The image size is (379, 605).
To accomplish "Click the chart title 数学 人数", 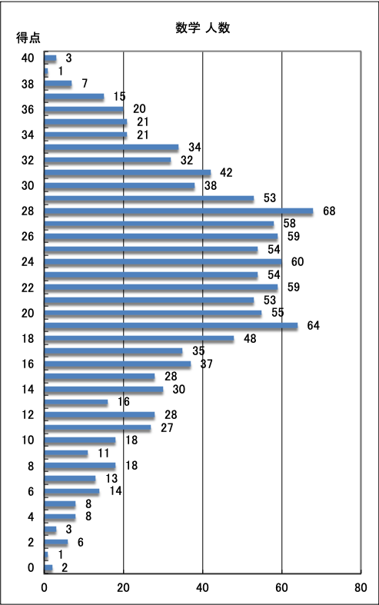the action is (203, 28).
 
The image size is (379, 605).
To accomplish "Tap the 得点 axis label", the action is (28, 38).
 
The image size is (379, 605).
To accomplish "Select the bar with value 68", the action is (178, 211).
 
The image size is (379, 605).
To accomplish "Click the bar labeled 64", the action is (171, 326).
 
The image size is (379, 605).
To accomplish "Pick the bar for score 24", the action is (163, 262).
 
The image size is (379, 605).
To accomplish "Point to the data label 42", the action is (226, 172).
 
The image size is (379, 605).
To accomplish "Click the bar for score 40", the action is (50, 58).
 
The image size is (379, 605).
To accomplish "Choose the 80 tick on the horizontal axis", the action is (361, 587).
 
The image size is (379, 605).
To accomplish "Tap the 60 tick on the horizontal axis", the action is (281, 587).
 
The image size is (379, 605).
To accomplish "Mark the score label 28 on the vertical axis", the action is (28, 211).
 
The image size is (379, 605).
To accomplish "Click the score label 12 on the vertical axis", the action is (28, 415).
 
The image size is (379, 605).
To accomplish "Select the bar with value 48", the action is (139, 338).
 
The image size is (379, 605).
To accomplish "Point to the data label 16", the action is (124, 401).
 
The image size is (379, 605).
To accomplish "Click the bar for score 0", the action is (48, 567).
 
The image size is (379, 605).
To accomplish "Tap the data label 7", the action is (85, 83).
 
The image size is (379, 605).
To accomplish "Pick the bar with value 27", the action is (98, 427).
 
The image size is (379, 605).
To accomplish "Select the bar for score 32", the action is (108, 160).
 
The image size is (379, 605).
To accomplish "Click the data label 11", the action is (104, 453).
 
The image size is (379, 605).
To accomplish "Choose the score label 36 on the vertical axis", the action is (28, 110).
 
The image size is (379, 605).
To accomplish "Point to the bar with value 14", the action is (71, 491).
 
